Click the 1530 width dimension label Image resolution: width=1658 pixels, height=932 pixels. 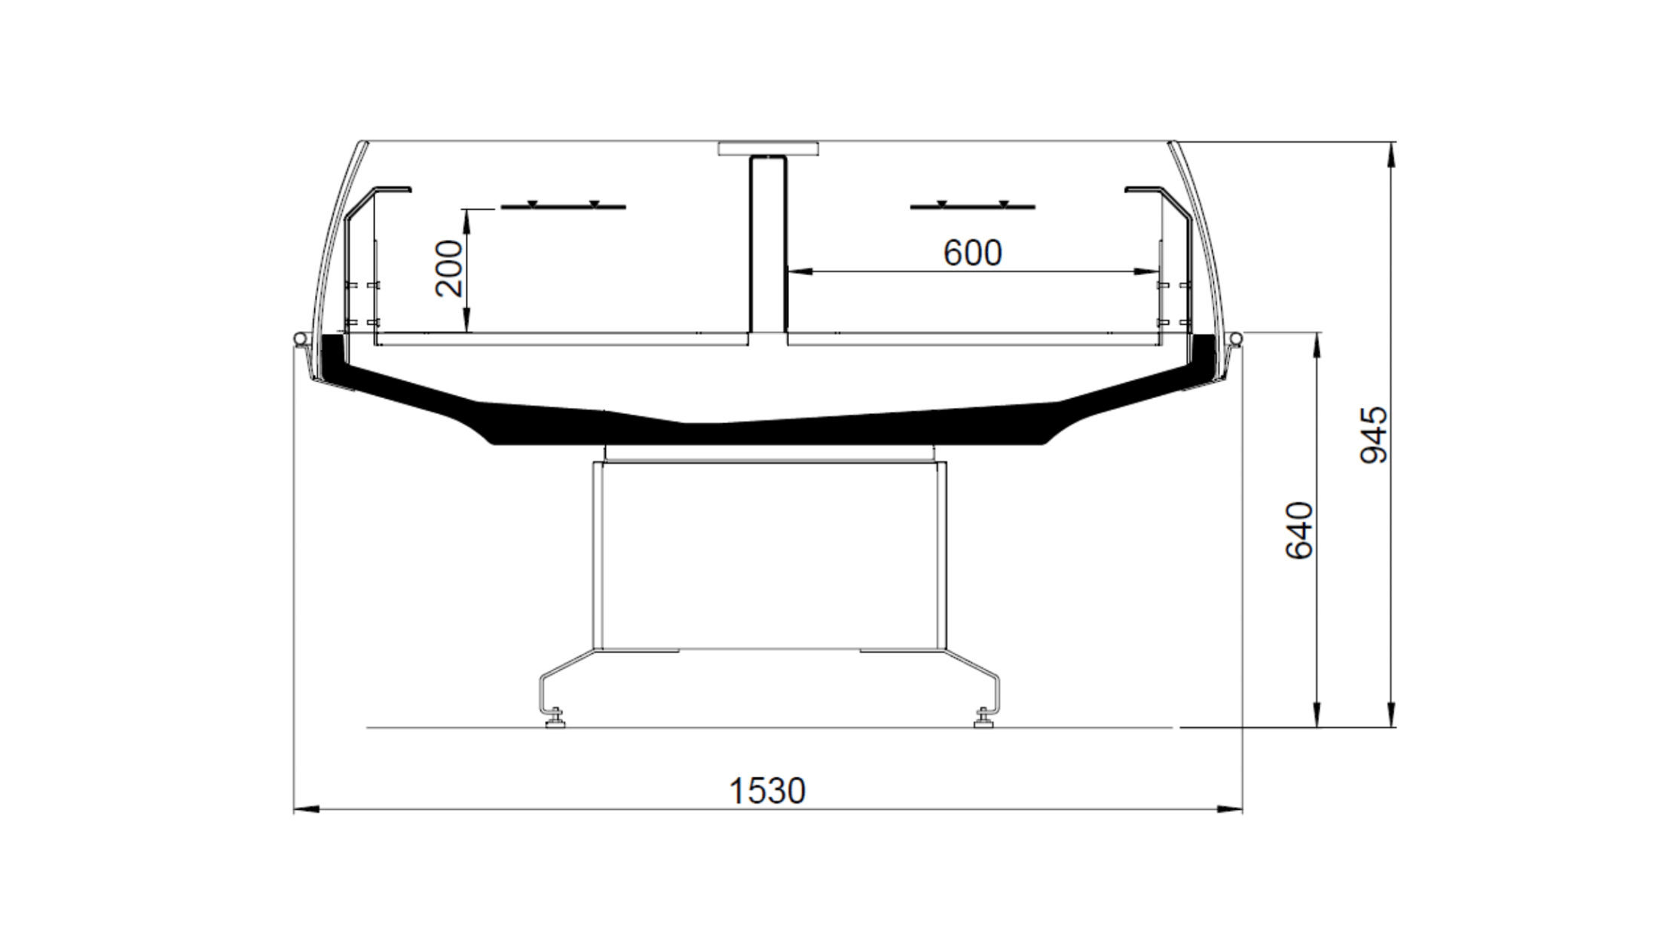point(767,791)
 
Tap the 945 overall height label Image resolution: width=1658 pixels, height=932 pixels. point(1373,435)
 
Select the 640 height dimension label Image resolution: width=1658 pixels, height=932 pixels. point(1299,531)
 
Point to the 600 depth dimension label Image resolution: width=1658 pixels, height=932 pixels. point(972,253)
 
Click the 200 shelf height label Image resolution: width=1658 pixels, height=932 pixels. point(450,268)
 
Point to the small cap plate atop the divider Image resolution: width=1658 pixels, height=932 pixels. point(768,149)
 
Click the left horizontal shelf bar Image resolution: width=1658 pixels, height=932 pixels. point(563,206)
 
